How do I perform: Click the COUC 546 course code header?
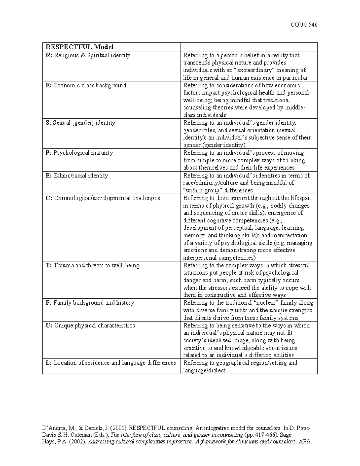(x=304, y=25)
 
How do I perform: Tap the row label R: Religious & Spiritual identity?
(x=88, y=55)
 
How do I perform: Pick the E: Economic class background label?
(x=86, y=85)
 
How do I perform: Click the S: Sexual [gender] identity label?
(x=80, y=123)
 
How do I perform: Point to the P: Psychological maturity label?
(x=79, y=153)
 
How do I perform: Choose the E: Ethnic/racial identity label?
(x=77, y=176)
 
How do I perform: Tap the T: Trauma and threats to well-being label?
(x=93, y=266)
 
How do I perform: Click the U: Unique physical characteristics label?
(x=90, y=326)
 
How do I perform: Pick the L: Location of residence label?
(x=111, y=363)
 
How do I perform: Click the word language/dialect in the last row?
(x=204, y=371)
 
